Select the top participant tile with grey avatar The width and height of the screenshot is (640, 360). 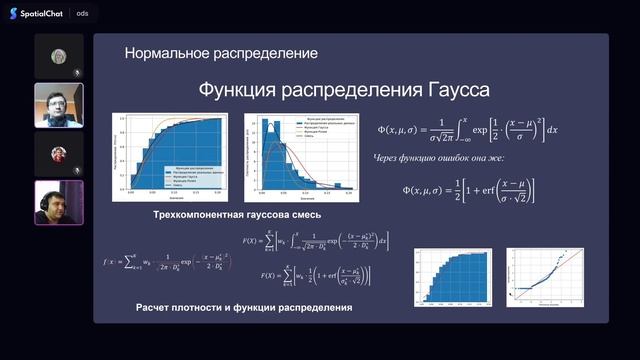pyautogui.click(x=58, y=56)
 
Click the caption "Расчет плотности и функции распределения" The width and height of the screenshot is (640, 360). pyautogui.click(x=243, y=308)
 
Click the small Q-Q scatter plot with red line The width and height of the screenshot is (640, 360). pyautogui.click(x=546, y=274)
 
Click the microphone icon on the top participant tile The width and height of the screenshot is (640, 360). pyautogui.click(x=77, y=72)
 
